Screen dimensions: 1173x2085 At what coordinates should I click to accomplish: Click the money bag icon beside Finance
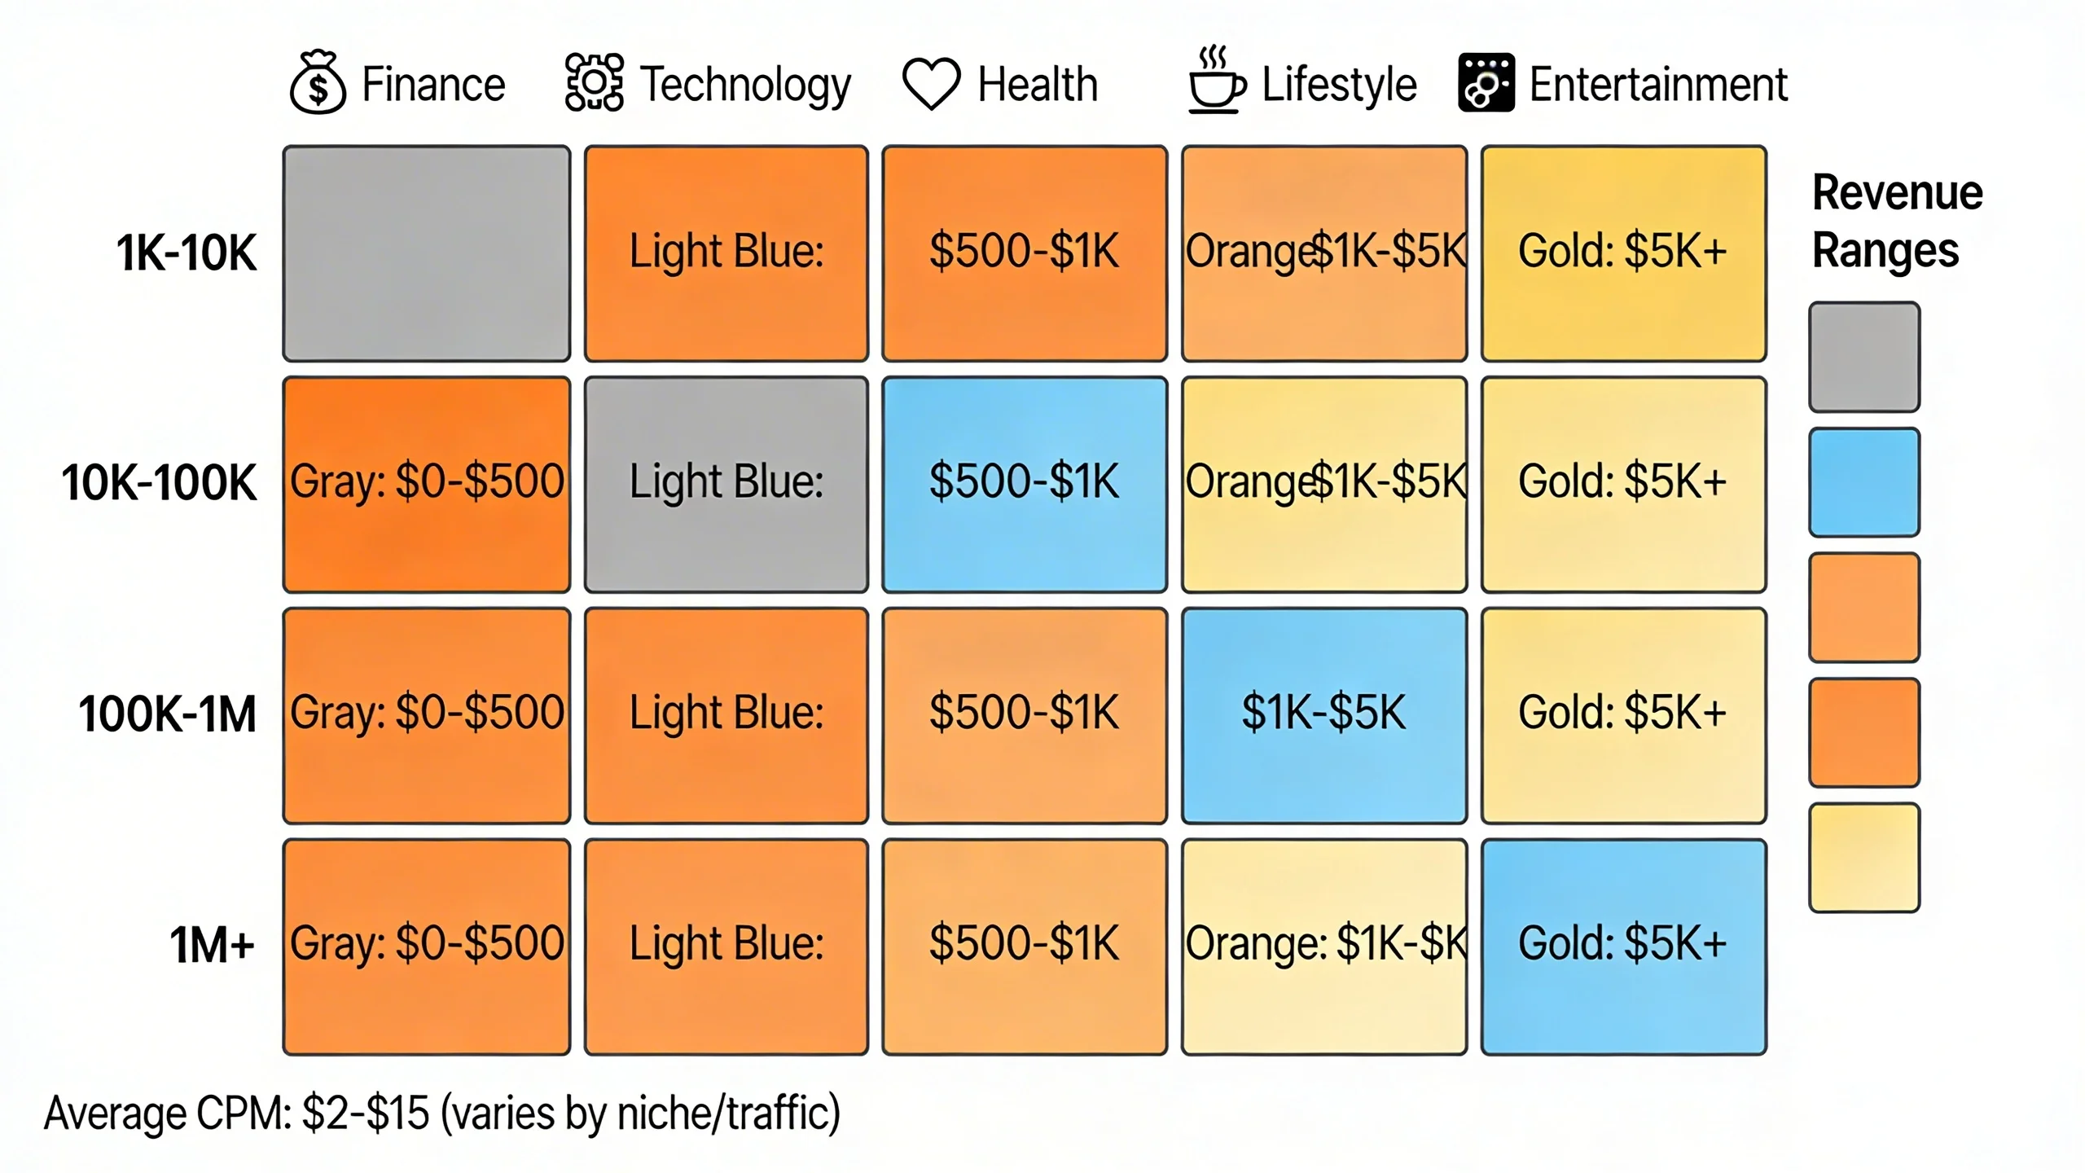(318, 83)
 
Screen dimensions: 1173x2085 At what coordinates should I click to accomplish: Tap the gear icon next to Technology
(595, 82)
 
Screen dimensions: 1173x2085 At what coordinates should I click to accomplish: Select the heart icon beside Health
(931, 83)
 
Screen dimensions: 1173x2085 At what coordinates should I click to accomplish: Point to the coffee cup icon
(1216, 83)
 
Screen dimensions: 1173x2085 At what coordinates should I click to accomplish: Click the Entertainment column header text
(1658, 84)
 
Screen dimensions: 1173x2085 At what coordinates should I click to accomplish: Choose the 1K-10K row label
(186, 253)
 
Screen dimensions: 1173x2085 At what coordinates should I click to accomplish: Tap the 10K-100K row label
(159, 482)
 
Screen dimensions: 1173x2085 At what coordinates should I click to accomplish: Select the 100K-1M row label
(167, 714)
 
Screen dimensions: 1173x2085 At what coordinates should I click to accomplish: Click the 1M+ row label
(212, 945)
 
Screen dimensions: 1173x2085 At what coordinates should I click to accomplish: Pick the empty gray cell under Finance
(427, 253)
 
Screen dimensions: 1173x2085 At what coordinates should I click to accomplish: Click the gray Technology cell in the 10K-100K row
(726, 484)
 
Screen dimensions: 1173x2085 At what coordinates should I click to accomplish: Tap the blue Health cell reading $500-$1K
(1025, 484)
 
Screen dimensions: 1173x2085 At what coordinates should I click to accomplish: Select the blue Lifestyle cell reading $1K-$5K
(1324, 715)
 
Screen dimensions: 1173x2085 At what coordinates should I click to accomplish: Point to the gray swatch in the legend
(1864, 357)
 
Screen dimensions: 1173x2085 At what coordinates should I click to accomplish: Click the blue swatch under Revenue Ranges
(1864, 482)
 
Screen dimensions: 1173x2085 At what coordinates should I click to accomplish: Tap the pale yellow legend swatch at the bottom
(1864, 858)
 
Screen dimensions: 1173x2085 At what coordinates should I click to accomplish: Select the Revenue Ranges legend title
(1896, 221)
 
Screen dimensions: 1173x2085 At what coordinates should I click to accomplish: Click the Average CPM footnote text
(441, 1114)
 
